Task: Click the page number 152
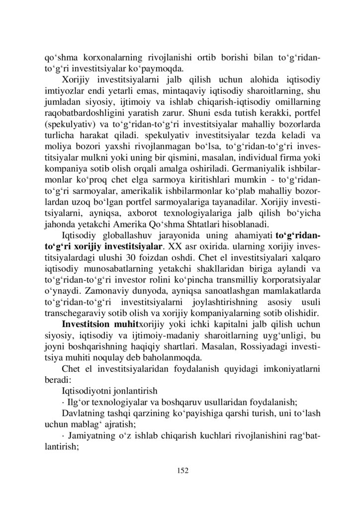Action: click(x=180, y=469)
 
